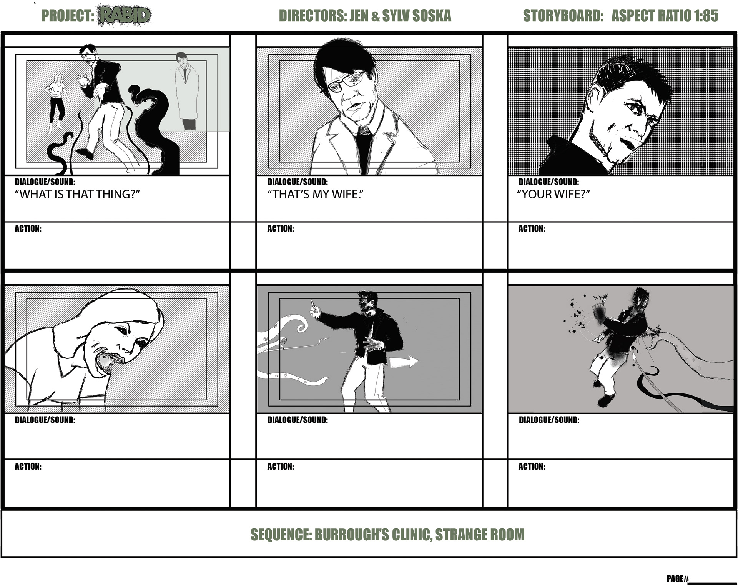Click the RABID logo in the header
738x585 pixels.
click(125, 15)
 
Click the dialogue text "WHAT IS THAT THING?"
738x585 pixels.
click(77, 194)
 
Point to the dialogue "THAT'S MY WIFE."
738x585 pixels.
click(315, 194)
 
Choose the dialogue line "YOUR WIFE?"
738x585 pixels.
click(553, 194)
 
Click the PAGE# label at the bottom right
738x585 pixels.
click(677, 578)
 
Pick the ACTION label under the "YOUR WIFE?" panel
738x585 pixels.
click(532, 228)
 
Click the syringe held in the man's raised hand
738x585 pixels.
click(314, 305)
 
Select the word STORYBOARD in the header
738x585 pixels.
click(563, 16)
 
